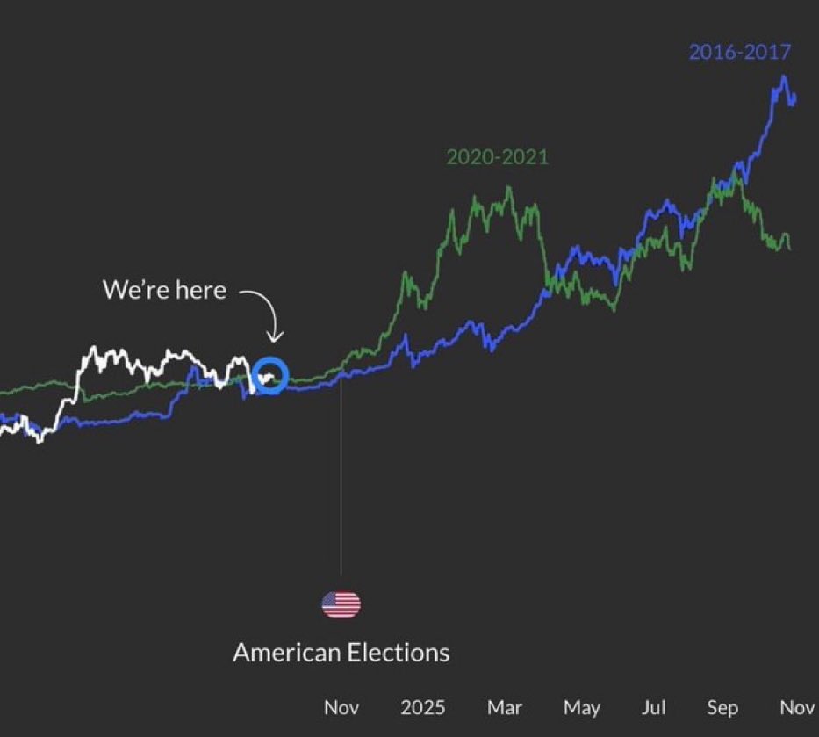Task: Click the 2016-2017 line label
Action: (739, 52)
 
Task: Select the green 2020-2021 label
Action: (497, 157)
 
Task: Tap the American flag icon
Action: (341, 604)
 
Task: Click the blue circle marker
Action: (270, 376)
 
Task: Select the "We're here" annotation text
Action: (164, 290)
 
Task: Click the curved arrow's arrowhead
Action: (275, 339)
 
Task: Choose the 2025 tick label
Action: (422, 707)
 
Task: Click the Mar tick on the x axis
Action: (504, 707)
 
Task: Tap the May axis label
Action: (581, 707)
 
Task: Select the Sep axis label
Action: (722, 707)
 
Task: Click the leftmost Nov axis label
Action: (341, 707)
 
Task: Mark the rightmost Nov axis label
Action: (797, 707)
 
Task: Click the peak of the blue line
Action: (783, 77)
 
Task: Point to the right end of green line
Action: (789, 249)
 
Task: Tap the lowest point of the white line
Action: (39, 441)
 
